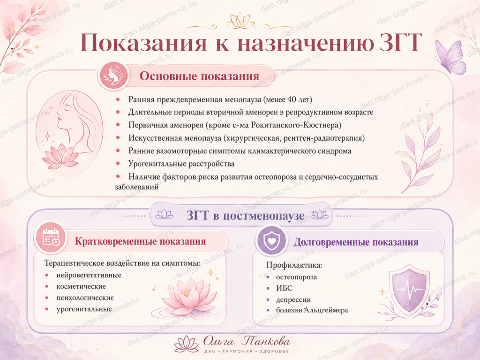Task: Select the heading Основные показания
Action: pyautogui.click(x=199, y=76)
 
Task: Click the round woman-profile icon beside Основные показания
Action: pyautogui.click(x=112, y=75)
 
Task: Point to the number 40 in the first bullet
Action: pyautogui.click(x=292, y=99)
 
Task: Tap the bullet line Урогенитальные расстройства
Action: pyautogui.click(x=181, y=164)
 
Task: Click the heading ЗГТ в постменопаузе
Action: pyautogui.click(x=245, y=216)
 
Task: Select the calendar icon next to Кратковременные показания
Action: pyautogui.click(x=51, y=238)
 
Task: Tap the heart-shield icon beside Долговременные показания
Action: pyautogui.click(x=271, y=240)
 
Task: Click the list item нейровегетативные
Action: pyautogui.click(x=89, y=275)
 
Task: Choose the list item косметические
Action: pyautogui.click(x=81, y=286)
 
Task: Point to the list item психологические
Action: pyautogui.click(x=85, y=298)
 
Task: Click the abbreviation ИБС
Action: pyautogui.click(x=284, y=288)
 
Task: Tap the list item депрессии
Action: pyautogui.click(x=293, y=300)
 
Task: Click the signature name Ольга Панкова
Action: pyautogui.click(x=247, y=341)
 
